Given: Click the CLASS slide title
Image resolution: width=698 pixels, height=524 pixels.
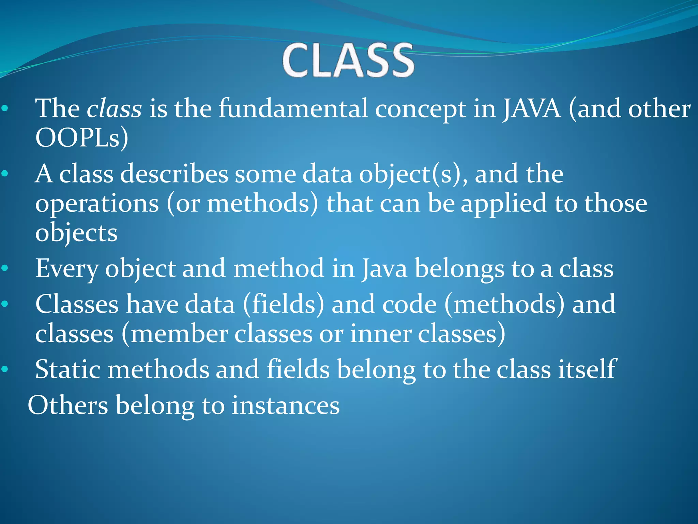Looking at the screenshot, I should (348, 61).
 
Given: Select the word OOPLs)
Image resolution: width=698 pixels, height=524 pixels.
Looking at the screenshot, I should (82, 138).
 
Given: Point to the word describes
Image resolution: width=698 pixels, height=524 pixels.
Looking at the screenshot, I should (174, 174).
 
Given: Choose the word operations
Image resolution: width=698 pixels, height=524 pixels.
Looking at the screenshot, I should (97, 204).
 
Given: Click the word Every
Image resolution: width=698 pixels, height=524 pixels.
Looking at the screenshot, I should (67, 269).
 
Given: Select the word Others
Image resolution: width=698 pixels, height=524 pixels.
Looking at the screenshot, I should (68, 405).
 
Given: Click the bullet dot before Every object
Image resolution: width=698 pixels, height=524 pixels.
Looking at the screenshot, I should (5, 268).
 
